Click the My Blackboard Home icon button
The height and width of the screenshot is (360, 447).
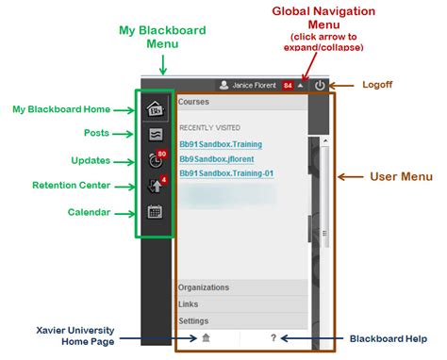[156, 108]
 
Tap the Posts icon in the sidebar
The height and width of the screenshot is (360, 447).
[156, 134]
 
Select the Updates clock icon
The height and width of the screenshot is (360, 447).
[156, 160]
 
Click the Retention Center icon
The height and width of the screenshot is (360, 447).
[156, 186]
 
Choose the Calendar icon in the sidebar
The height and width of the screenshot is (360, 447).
[156, 211]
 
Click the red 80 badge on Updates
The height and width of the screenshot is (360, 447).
[163, 153]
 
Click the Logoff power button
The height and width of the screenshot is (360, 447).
[321, 85]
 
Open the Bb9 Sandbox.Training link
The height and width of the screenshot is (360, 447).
[220, 144]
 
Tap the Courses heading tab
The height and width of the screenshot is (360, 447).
[194, 100]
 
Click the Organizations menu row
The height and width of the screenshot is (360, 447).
[205, 287]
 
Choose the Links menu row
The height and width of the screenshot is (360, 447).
[189, 304]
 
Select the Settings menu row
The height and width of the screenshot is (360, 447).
[194, 320]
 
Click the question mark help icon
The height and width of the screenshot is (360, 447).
[273, 337]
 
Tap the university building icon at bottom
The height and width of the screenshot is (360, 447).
[207, 337]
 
